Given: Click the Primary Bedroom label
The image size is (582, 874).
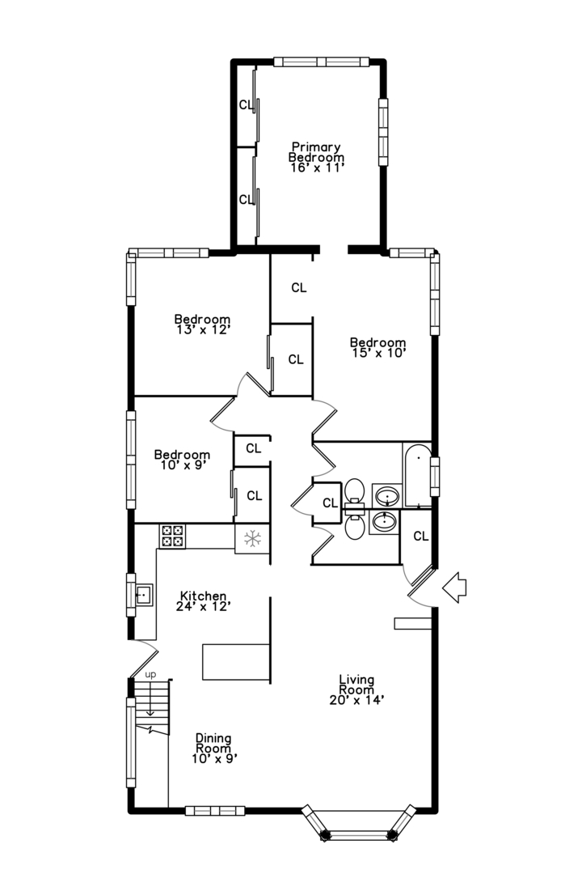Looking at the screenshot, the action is pyautogui.click(x=316, y=152).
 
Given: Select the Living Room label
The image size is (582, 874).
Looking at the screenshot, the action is pyautogui.click(x=356, y=685).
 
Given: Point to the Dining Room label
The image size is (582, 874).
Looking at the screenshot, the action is pyautogui.click(x=213, y=743).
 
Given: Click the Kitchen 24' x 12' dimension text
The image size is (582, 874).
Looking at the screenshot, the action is pyautogui.click(x=203, y=606).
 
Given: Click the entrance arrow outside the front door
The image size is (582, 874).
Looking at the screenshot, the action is pyautogui.click(x=454, y=588).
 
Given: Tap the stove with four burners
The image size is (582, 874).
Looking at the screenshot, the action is pyautogui.click(x=173, y=536).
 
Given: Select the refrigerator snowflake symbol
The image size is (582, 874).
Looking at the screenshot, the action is pyautogui.click(x=253, y=538).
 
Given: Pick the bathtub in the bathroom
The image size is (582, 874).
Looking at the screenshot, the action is pyautogui.click(x=417, y=475).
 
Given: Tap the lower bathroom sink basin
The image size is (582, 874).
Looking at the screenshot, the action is pyautogui.click(x=385, y=522).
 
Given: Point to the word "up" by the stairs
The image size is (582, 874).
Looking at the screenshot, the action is pyautogui.click(x=150, y=674).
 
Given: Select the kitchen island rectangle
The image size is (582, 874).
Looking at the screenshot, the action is pyautogui.click(x=236, y=662).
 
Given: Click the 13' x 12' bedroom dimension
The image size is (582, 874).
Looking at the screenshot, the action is pyautogui.click(x=203, y=329).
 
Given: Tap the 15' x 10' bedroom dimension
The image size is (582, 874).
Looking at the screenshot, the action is pyautogui.click(x=379, y=352).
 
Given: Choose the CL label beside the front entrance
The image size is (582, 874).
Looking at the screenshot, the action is pyautogui.click(x=421, y=537).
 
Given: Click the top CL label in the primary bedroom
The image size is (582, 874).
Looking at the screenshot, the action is pyautogui.click(x=245, y=104).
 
